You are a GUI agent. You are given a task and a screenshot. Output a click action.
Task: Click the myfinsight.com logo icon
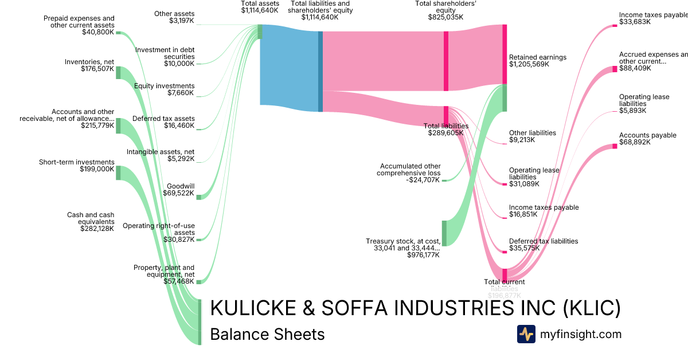click(526, 334)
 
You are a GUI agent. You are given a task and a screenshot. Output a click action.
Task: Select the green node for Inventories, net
click(118, 73)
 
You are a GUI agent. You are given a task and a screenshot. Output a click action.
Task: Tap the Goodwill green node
click(198, 197)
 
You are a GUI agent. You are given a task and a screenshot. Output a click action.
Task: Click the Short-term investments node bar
click(118, 172)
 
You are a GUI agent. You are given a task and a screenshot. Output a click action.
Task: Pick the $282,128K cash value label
click(97, 228)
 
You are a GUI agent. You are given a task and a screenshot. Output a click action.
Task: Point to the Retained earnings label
click(537, 57)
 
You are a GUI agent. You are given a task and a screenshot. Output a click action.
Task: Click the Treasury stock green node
click(444, 233)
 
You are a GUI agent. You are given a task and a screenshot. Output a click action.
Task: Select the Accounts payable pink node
click(615, 146)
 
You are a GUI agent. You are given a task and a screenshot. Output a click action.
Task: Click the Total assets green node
click(260, 32)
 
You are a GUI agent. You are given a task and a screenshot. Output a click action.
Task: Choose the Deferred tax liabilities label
click(544, 241)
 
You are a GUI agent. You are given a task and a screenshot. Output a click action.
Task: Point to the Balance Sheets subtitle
click(267, 334)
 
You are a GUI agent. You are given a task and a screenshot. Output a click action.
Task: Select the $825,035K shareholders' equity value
click(445, 17)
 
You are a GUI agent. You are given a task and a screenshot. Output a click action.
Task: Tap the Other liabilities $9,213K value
click(522, 140)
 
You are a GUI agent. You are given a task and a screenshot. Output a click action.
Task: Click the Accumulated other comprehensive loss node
click(444, 180)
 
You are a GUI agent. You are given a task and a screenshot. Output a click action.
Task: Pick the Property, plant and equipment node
click(198, 282)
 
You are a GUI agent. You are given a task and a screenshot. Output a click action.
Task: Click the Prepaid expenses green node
click(118, 33)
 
